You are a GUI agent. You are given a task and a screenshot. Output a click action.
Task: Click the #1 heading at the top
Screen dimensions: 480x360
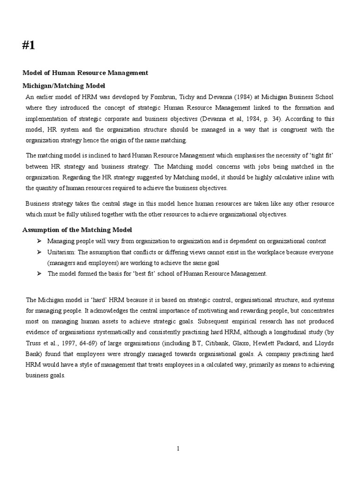tap(29, 45)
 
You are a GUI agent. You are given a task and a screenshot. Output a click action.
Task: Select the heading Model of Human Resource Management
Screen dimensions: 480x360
tap(85, 73)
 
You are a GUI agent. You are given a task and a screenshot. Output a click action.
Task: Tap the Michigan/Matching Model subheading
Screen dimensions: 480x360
tap(64, 86)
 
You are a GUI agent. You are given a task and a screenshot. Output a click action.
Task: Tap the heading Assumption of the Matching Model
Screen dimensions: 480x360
tap(77, 230)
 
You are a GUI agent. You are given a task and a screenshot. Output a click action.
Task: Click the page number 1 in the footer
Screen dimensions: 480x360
tap(179, 449)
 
